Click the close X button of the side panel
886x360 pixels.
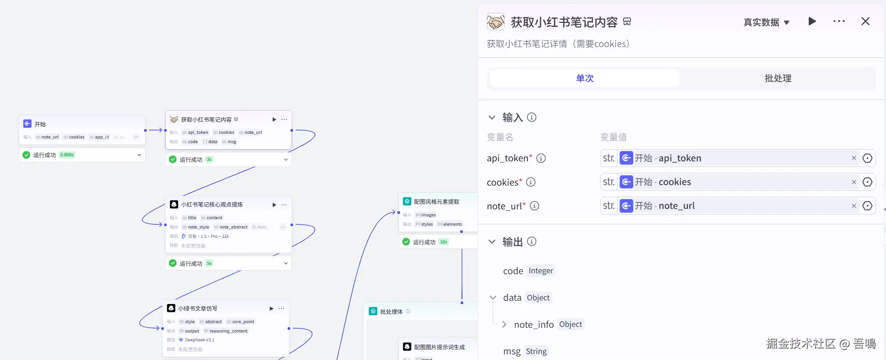click(865, 21)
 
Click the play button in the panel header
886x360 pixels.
click(812, 21)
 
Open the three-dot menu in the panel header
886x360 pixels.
click(839, 21)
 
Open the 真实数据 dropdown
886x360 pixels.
click(766, 22)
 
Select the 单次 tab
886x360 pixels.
click(584, 78)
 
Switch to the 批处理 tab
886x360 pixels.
click(778, 78)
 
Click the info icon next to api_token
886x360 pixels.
click(541, 159)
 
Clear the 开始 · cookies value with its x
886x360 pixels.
click(854, 182)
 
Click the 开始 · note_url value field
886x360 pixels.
click(737, 206)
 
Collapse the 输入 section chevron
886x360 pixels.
click(492, 118)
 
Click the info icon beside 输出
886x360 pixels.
click(532, 242)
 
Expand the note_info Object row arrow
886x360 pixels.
click(504, 325)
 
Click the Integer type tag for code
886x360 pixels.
click(541, 271)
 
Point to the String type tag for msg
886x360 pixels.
click(536, 352)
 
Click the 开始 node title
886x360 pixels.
click(40, 125)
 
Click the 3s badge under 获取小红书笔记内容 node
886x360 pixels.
click(209, 159)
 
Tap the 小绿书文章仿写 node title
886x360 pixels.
click(198, 309)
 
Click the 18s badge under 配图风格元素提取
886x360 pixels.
click(443, 242)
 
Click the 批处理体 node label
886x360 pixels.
click(391, 312)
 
